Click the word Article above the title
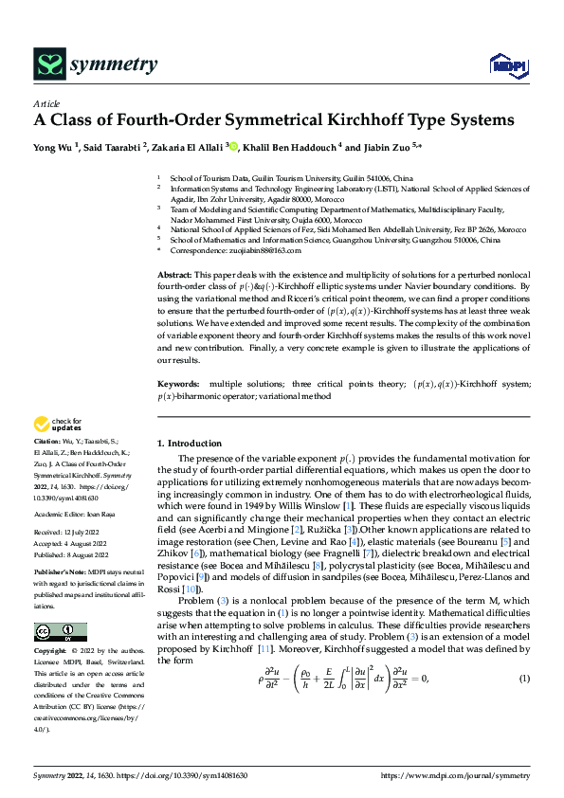click(46, 103)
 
